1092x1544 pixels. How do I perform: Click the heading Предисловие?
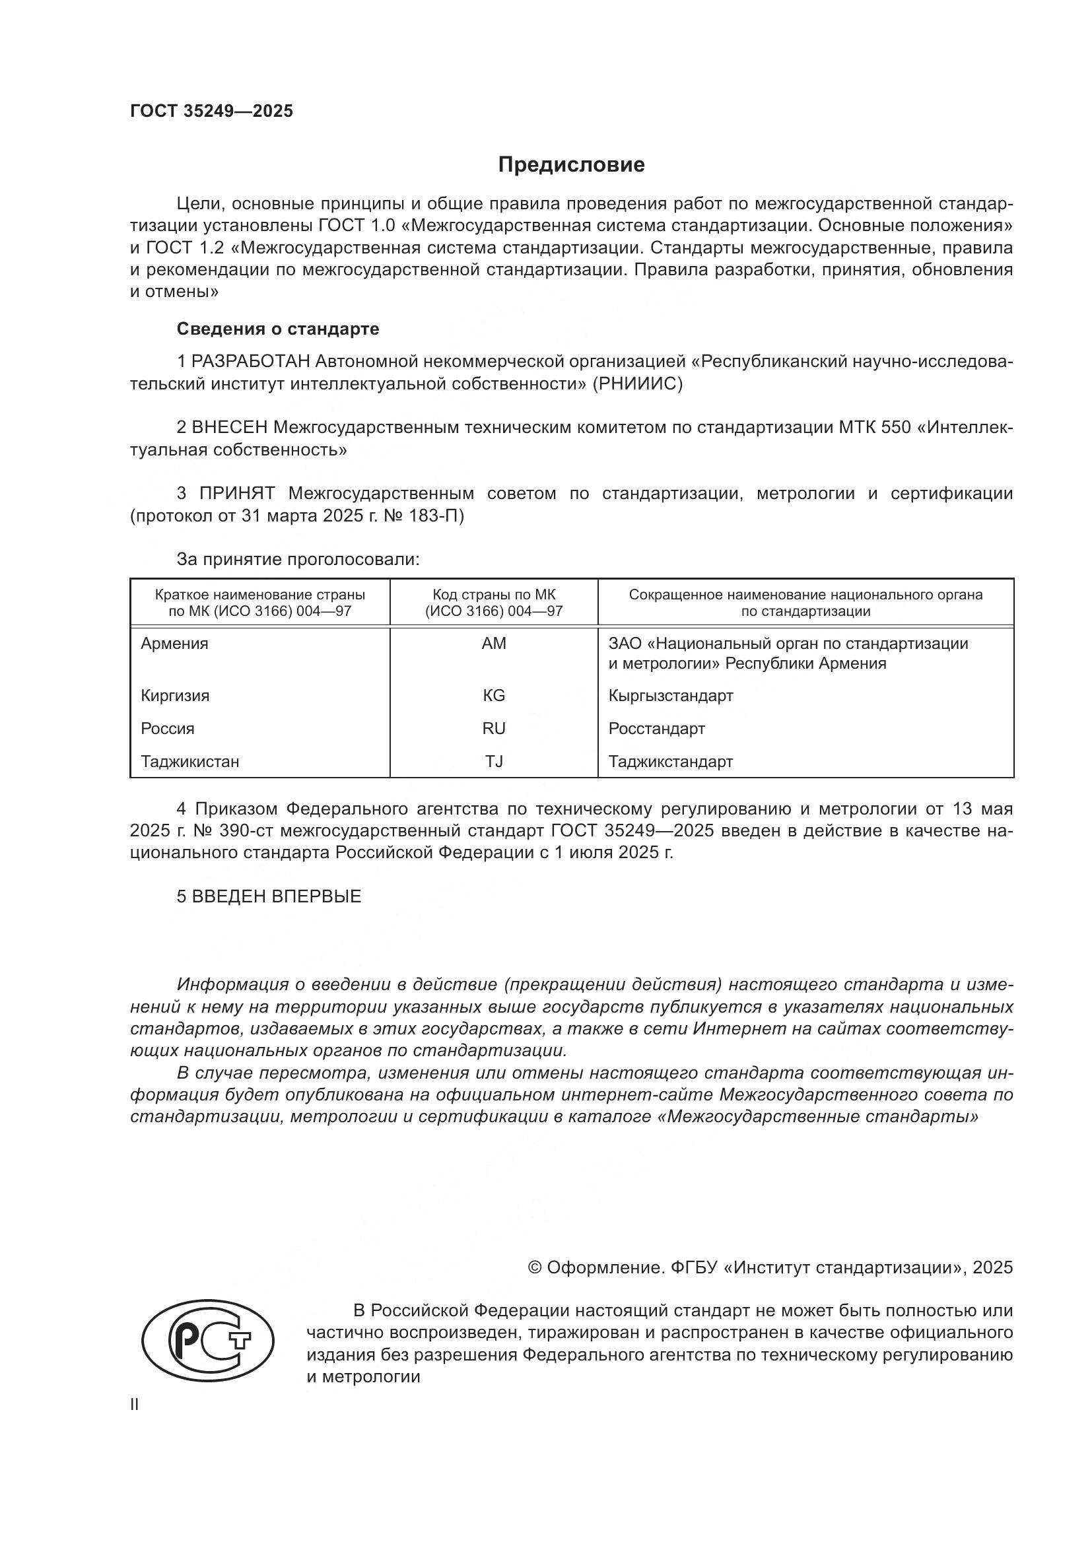pyautogui.click(x=571, y=165)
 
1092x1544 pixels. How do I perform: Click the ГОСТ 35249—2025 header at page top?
pyautogui.click(x=212, y=112)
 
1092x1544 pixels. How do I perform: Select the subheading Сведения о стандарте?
pyautogui.click(x=278, y=329)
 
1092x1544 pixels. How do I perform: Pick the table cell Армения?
pyautogui.click(x=174, y=644)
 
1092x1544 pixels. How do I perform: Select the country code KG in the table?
pyautogui.click(x=494, y=695)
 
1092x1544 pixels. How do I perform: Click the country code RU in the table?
pyautogui.click(x=494, y=728)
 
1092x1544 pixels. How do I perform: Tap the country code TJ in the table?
pyautogui.click(x=494, y=761)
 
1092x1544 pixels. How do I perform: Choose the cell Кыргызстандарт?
pyautogui.click(x=670, y=695)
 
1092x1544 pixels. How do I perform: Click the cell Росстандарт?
pyautogui.click(x=656, y=728)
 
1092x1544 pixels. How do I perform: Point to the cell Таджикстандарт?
pyautogui.click(x=670, y=761)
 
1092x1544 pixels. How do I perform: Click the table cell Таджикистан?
pyautogui.click(x=189, y=761)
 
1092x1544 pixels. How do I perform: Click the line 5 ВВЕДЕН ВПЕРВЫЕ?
pyautogui.click(x=269, y=896)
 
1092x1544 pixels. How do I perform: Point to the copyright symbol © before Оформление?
pyautogui.click(x=535, y=1267)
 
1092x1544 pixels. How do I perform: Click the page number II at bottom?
pyautogui.click(x=135, y=1404)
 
